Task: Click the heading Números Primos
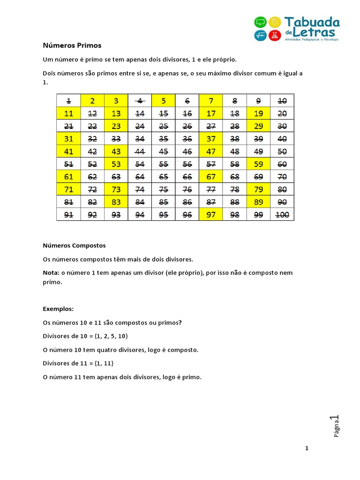click(72, 45)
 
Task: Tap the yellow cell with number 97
click(210, 214)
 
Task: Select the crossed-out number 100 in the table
click(282, 214)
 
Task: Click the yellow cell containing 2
click(92, 100)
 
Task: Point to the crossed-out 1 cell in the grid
click(68, 100)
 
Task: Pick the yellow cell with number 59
click(258, 164)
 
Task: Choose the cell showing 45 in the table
click(163, 151)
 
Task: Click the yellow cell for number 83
click(116, 202)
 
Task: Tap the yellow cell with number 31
click(68, 138)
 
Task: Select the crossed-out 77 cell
click(210, 189)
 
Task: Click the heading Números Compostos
click(74, 245)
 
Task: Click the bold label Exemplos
click(58, 309)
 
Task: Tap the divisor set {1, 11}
click(104, 363)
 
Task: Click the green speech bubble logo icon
click(260, 22)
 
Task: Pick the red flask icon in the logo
click(275, 35)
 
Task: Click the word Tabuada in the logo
click(312, 22)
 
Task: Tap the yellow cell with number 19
click(258, 113)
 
